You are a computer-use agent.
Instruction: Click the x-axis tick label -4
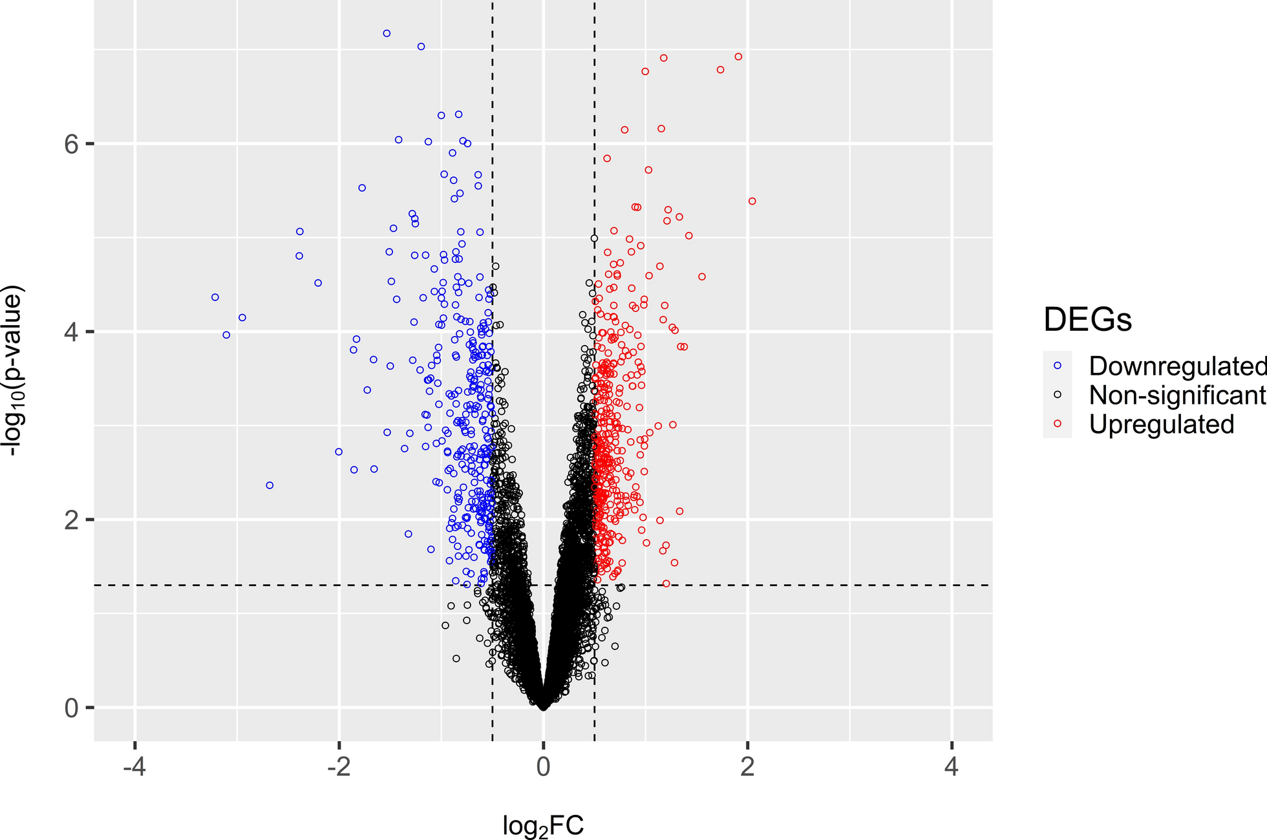134,768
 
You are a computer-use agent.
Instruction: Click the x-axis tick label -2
339,768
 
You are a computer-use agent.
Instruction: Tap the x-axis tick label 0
543,768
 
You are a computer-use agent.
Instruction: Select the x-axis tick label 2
747,768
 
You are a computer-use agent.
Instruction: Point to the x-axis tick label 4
952,768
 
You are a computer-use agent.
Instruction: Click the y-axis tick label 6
71,144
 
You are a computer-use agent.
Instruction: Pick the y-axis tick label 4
71,332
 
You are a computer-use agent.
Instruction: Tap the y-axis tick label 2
71,520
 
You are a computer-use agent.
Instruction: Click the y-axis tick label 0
71,708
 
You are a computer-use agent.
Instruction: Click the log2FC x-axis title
543,826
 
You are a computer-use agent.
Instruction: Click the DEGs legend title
1087,320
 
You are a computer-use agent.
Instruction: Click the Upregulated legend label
1162,425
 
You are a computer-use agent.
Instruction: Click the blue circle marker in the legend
1058,366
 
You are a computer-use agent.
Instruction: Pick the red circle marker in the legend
1058,424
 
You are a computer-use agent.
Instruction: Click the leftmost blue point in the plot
215,297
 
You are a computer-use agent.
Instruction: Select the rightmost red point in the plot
752,202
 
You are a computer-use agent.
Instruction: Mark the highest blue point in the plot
387,34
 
